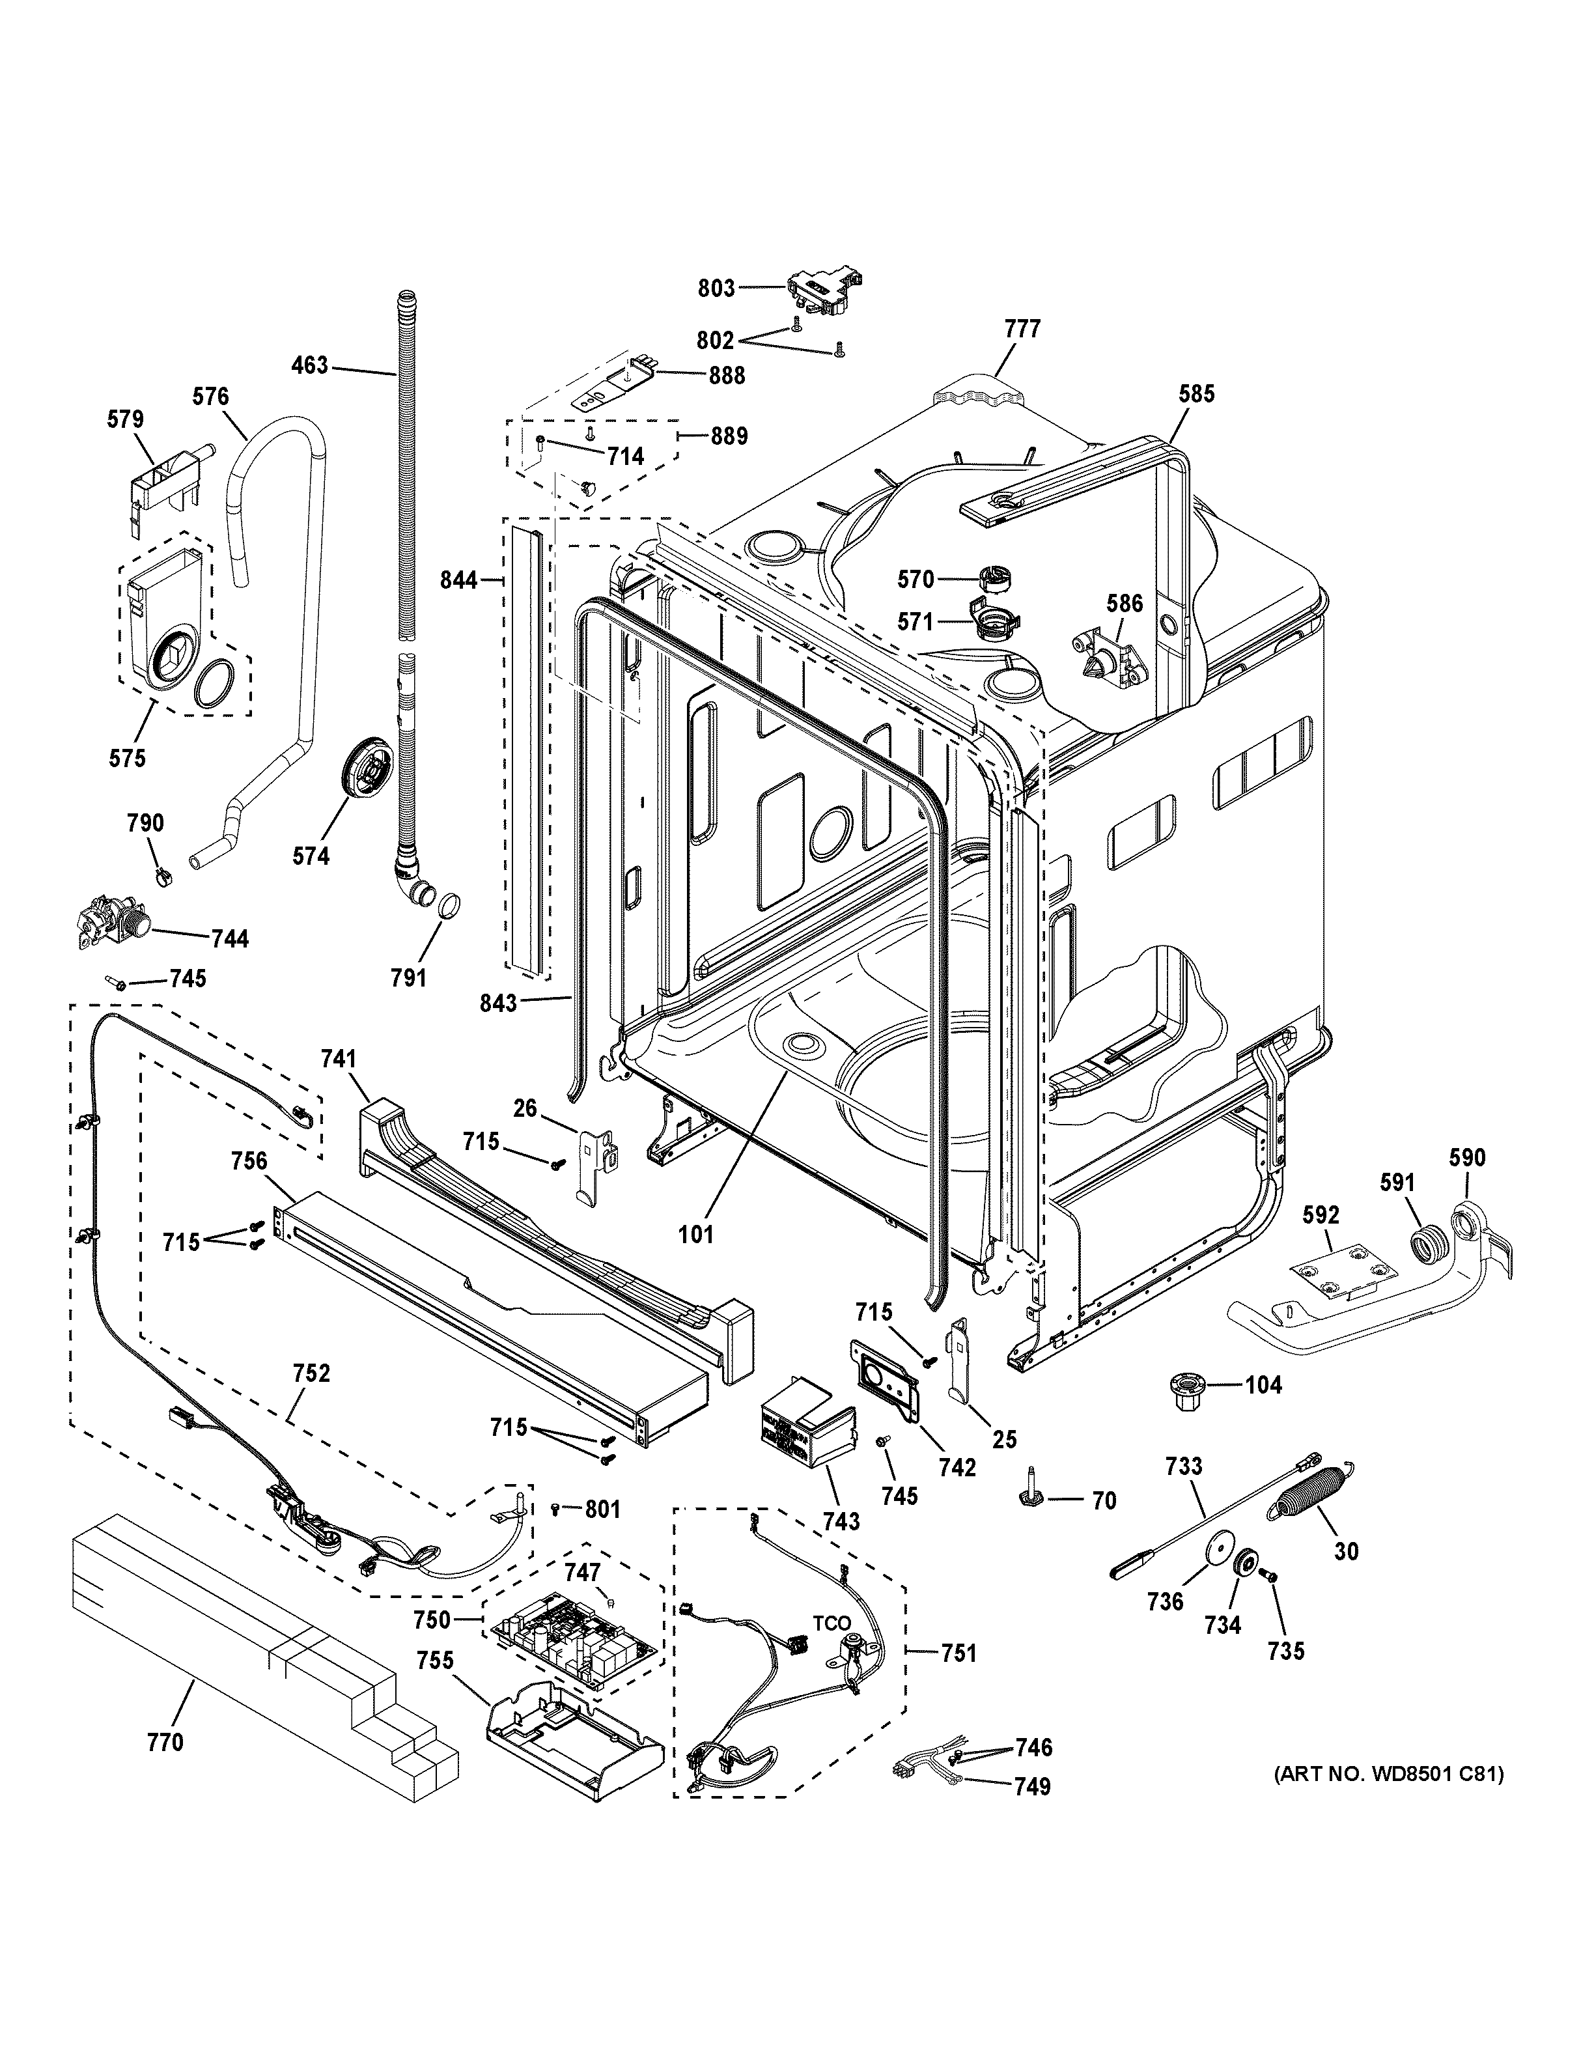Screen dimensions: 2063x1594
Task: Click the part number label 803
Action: click(716, 288)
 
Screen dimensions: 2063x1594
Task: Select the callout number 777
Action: click(1023, 329)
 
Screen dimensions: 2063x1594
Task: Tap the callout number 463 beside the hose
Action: click(310, 365)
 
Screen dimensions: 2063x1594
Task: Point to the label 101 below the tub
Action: click(696, 1233)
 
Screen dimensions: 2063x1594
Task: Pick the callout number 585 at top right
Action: click(1195, 394)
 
